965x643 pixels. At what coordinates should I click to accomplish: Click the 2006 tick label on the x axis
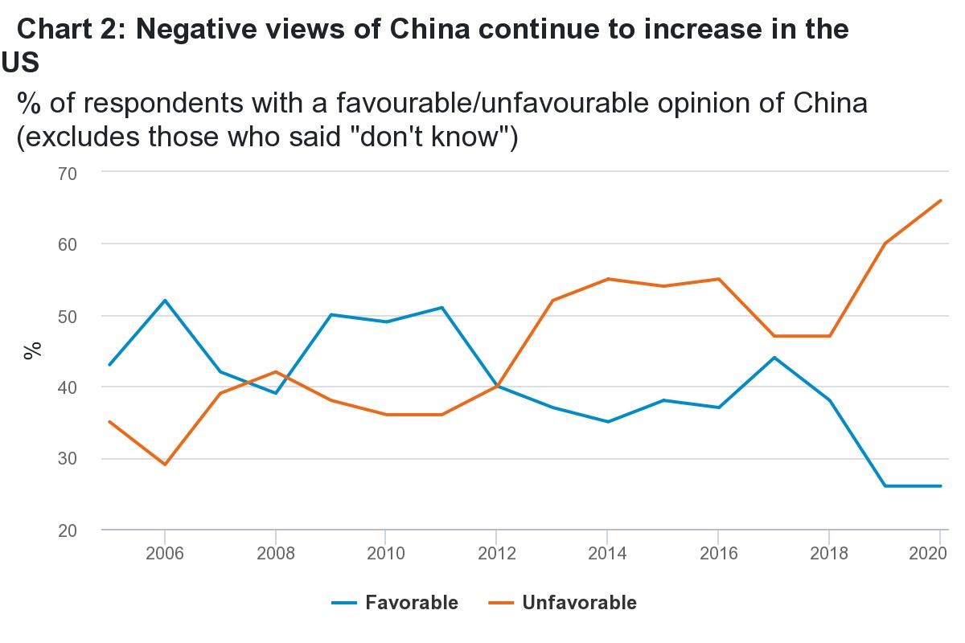165,554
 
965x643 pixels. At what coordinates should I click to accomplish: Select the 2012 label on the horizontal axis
496,554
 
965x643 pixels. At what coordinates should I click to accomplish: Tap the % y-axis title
32,350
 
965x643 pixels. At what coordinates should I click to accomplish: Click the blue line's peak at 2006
165,301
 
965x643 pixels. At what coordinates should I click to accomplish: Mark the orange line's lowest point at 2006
165,465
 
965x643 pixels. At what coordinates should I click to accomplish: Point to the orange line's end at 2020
940,201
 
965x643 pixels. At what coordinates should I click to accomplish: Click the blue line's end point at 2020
940,486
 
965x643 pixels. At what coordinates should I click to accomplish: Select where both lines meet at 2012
496,387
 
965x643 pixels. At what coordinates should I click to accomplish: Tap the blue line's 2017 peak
774,358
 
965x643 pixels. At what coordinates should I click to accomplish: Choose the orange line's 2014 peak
607,279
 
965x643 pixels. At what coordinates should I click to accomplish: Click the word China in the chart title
431,30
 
